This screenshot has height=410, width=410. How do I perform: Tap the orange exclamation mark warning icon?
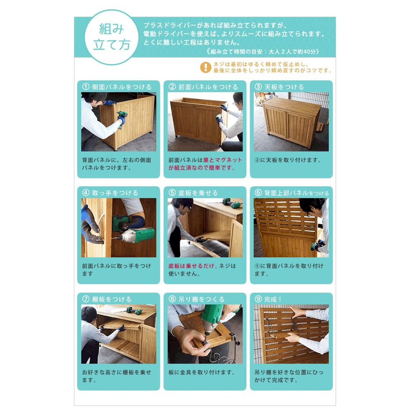[x=205, y=67]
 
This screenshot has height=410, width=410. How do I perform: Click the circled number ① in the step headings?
[x=85, y=87]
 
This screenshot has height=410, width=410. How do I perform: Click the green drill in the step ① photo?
[x=122, y=119]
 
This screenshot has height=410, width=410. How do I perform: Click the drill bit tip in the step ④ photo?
[x=112, y=238]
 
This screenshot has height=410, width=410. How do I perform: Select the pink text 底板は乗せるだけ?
[x=191, y=266]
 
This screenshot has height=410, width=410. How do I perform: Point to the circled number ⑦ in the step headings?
[x=85, y=299]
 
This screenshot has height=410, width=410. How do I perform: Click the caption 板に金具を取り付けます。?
[x=202, y=372]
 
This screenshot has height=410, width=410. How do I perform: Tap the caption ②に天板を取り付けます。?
[x=288, y=160]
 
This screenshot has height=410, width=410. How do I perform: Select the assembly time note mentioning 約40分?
[x=263, y=52]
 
